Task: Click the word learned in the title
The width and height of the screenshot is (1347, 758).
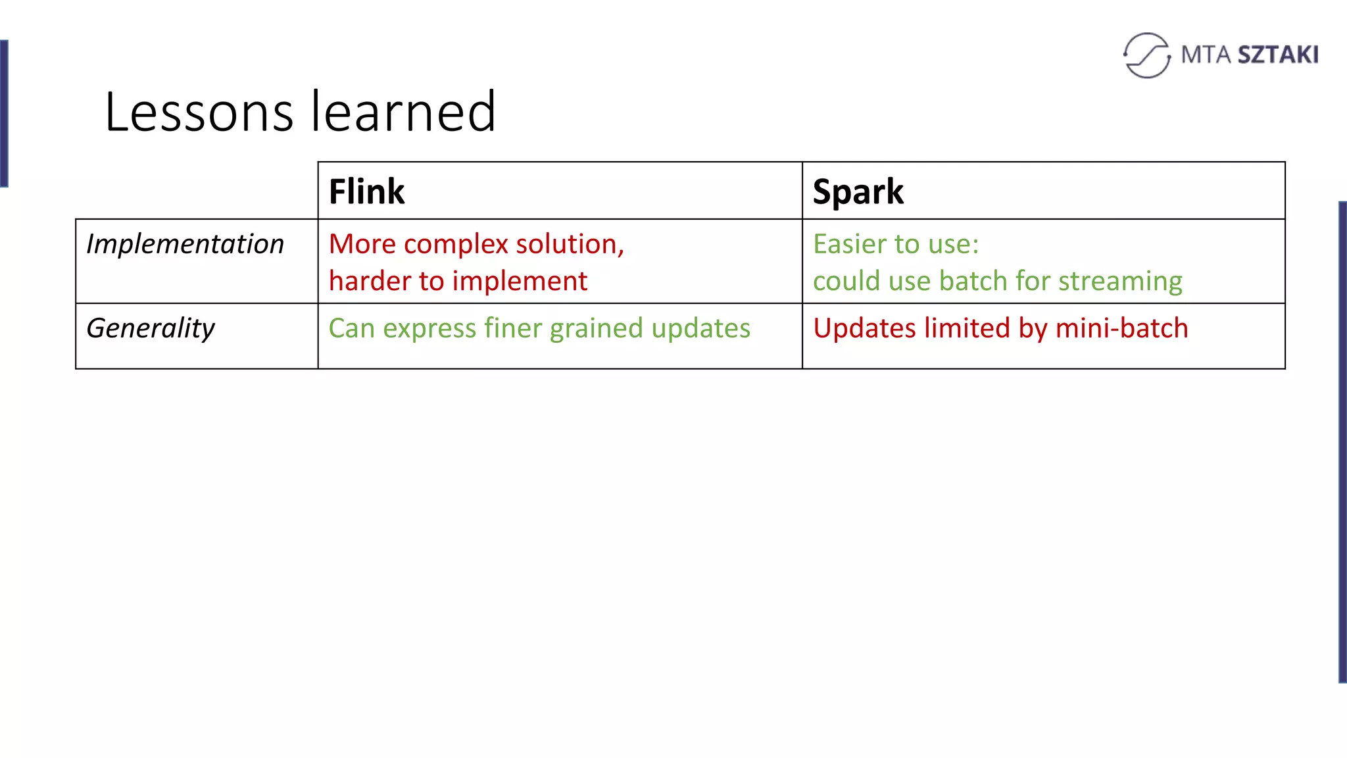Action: point(403,112)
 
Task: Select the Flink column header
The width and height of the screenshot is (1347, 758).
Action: point(366,192)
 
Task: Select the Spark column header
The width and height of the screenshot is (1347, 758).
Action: point(858,192)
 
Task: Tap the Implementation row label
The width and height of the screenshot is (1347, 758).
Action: point(185,244)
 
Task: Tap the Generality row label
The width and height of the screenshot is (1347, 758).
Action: point(151,328)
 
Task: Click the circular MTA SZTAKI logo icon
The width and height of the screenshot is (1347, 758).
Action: point(1147,55)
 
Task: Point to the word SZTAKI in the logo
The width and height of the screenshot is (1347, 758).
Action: point(1277,55)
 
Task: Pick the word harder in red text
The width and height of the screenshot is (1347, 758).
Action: point(369,281)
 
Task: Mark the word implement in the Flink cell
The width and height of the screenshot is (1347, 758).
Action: point(520,282)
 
